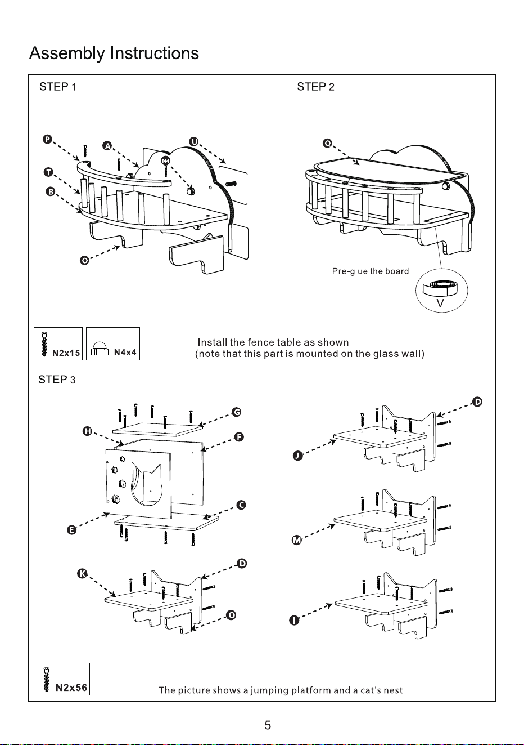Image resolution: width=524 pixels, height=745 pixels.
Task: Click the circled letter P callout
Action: pos(47,139)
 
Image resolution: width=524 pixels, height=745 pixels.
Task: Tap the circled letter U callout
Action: pos(193,142)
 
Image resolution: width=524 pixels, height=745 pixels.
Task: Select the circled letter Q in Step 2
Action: pos(327,144)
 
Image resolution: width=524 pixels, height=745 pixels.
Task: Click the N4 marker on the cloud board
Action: pos(165,161)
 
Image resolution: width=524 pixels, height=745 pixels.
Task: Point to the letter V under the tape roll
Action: pos(440,304)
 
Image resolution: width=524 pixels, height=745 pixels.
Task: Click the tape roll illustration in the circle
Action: pos(440,287)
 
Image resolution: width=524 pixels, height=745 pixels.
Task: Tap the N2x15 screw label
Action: pos(66,353)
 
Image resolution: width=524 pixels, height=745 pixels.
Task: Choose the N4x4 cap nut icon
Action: pos(100,350)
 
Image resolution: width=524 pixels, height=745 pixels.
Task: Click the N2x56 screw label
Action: pos(71,688)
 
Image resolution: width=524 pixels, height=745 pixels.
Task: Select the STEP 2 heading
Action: pos(315,87)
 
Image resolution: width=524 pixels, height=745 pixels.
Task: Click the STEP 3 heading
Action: pos(57,380)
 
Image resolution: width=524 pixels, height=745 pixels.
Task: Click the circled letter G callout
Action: pos(237,412)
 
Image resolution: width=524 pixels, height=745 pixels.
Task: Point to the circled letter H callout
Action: pos(87,431)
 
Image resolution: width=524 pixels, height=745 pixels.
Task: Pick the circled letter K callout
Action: pos(82,573)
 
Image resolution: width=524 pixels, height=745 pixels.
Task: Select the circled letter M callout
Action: pos(296,540)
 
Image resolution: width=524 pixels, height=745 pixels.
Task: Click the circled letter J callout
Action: pos(297,456)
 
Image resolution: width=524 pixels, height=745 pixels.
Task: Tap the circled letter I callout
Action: pos(294,621)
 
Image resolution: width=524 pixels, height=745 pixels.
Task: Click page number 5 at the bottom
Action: pos(268,725)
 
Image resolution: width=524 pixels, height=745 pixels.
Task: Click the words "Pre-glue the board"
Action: pos(371,271)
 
